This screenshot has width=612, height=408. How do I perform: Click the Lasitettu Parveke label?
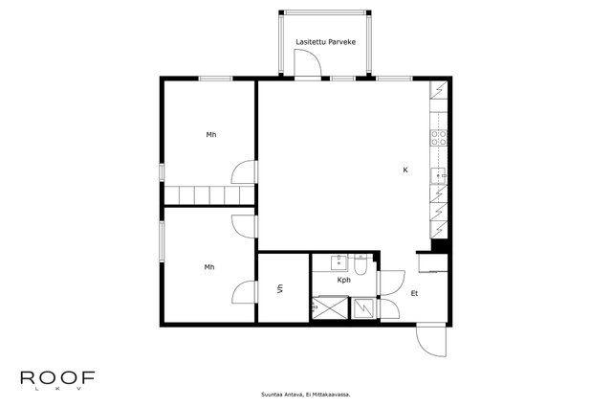click(325, 42)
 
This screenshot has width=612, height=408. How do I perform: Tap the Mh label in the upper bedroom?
click(211, 135)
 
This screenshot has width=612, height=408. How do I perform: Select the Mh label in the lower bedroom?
click(209, 267)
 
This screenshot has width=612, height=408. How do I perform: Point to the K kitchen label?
click(405, 170)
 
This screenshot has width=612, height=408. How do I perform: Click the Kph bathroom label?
click(344, 281)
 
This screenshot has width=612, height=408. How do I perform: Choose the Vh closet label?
click(280, 289)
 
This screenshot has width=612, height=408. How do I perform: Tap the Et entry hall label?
click(414, 293)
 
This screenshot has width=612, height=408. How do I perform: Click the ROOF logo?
click(57, 378)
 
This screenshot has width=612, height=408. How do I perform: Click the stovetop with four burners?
click(439, 138)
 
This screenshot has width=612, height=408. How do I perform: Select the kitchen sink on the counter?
click(438, 176)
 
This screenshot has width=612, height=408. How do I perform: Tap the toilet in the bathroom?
click(361, 264)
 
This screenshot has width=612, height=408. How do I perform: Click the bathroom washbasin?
click(339, 262)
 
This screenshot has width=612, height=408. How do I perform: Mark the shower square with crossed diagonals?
click(330, 308)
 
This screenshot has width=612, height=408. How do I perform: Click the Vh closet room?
click(284, 288)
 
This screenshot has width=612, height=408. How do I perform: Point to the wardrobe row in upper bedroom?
click(209, 195)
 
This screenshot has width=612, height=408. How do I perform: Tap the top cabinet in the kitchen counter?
click(439, 89)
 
